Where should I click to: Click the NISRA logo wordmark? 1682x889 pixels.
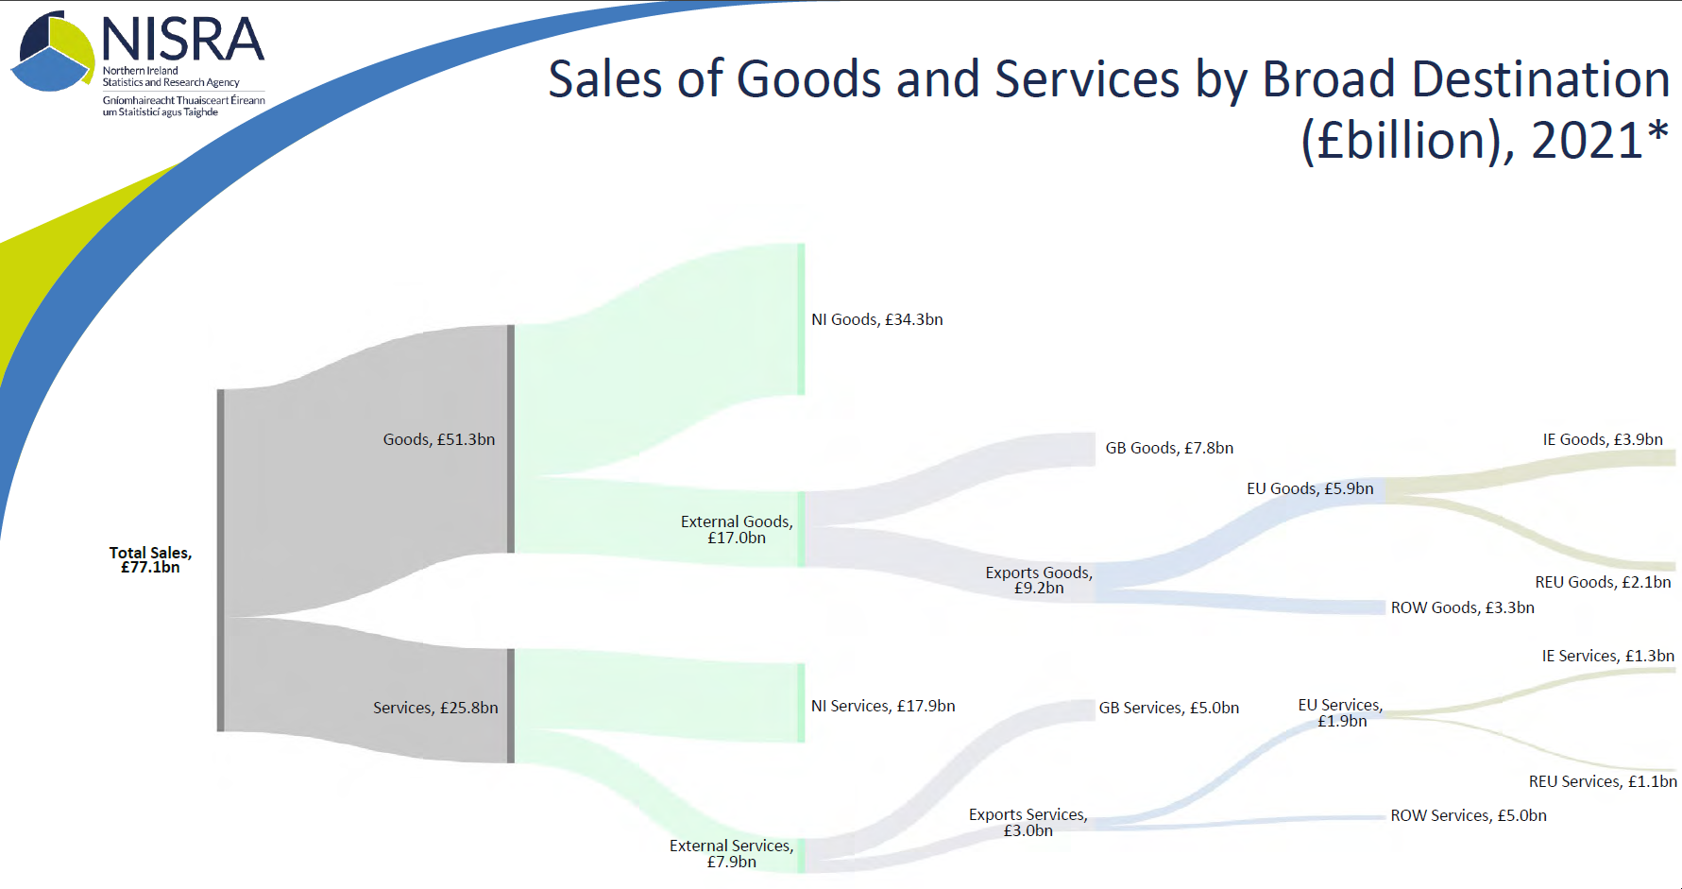[182, 40]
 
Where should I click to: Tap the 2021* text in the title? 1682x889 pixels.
[1599, 141]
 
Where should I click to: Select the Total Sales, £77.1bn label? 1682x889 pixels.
[150, 559]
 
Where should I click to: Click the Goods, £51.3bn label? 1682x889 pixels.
[438, 439]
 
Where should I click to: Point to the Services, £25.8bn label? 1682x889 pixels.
[434, 708]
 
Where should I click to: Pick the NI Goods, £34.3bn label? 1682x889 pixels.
[876, 319]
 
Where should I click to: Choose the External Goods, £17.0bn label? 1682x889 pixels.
[737, 529]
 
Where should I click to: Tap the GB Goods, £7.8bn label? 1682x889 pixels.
[1169, 448]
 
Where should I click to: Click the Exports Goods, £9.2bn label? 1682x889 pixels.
[1039, 580]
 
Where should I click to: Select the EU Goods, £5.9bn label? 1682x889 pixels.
[1310, 488]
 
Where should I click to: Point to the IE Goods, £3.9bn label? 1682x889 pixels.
[1603, 439]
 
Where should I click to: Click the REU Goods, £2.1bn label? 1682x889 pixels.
[1603, 582]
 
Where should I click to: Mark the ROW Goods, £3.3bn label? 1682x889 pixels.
[1462, 607]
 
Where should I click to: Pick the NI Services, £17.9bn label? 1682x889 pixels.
[883, 706]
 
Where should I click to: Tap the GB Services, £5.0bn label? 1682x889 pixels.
[1168, 708]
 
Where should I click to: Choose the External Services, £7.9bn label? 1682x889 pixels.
[731, 853]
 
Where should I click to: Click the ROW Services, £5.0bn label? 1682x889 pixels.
[1469, 815]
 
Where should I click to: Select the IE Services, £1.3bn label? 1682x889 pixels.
[1607, 656]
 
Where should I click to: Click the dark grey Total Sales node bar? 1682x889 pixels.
[221, 560]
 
